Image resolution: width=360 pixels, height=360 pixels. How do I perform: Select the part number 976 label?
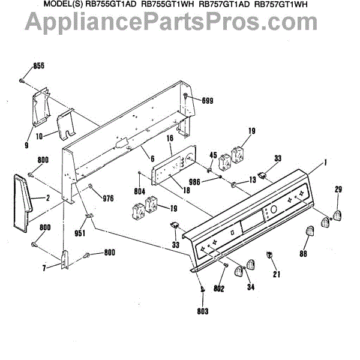[107, 199]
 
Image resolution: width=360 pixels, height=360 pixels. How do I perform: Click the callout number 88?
[304, 254]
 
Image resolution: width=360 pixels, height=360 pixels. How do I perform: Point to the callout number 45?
[212, 155]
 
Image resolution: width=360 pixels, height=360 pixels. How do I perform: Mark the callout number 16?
[169, 138]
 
